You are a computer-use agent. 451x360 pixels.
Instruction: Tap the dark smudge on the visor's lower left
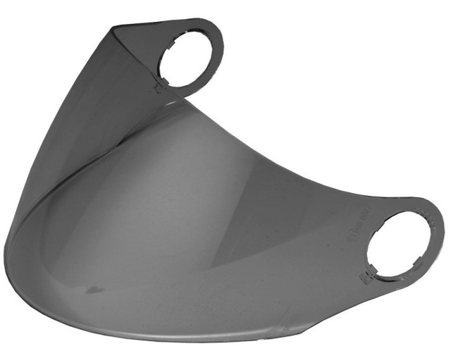tap(94, 290)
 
